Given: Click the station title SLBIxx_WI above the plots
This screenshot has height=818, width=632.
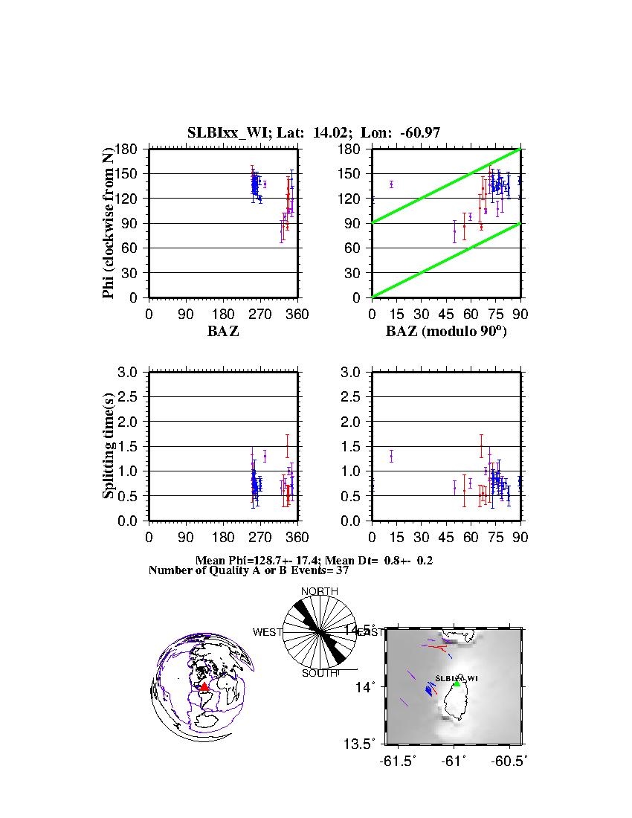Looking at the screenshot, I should tap(230, 133).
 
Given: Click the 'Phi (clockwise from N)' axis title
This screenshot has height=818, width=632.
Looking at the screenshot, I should tap(109, 223).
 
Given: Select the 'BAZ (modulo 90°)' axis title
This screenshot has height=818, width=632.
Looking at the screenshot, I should tap(446, 332).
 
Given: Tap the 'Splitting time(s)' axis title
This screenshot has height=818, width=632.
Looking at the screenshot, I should tap(109, 446).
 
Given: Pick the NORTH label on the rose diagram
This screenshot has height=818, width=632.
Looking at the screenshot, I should tap(319, 591).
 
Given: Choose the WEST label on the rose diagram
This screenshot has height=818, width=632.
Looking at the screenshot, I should tap(267, 632).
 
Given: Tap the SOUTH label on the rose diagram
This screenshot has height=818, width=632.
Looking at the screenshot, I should tap(319, 673).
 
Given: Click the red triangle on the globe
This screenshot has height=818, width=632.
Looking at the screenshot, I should tap(204, 686).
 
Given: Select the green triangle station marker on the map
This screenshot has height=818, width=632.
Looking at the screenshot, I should tap(457, 683).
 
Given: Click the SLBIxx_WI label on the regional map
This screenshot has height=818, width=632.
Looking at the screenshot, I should tap(454, 678).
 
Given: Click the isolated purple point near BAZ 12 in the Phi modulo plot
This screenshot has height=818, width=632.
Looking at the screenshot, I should tap(391, 184).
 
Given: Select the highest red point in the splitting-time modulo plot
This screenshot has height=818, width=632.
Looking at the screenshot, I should tap(481, 446).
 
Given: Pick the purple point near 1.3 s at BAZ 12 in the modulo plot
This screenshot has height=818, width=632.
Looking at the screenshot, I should tap(391, 456).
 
